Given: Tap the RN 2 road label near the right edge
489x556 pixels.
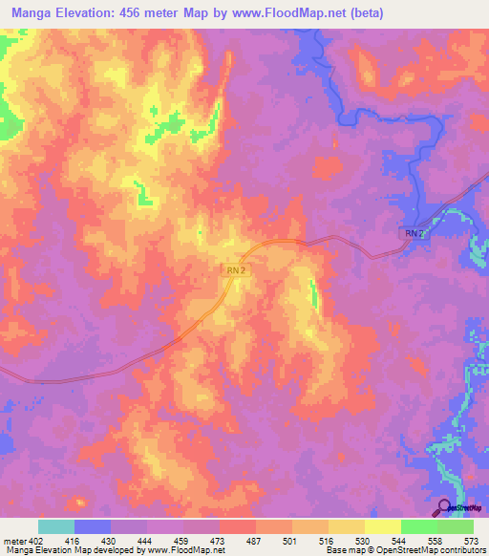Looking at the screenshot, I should pyautogui.click(x=411, y=234).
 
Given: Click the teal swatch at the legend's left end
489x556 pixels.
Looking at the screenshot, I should pyautogui.click(x=56, y=526).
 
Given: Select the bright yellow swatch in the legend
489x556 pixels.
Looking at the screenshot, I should pyautogui.click(x=382, y=526).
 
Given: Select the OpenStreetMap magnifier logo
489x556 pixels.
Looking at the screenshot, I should pyautogui.click(x=445, y=506).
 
